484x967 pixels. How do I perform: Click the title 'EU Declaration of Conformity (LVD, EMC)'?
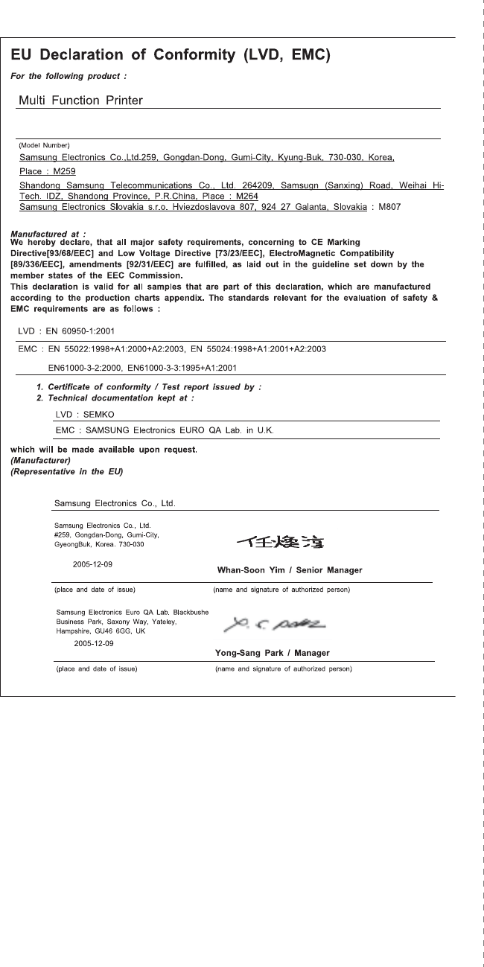[x=171, y=55]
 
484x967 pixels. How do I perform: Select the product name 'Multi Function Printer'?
[x=80, y=100]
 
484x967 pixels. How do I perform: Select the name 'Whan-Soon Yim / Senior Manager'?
[x=289, y=570]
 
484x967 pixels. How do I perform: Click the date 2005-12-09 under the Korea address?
[x=93, y=564]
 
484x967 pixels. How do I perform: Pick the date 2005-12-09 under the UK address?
[x=94, y=642]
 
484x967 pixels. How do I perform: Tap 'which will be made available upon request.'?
[x=103, y=449]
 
